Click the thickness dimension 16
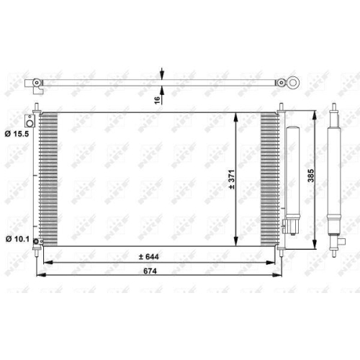pos(157,100)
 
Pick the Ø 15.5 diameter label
pos(16,134)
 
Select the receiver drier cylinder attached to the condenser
pos(292,173)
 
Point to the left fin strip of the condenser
pos(48,179)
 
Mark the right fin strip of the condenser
pos(269,179)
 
